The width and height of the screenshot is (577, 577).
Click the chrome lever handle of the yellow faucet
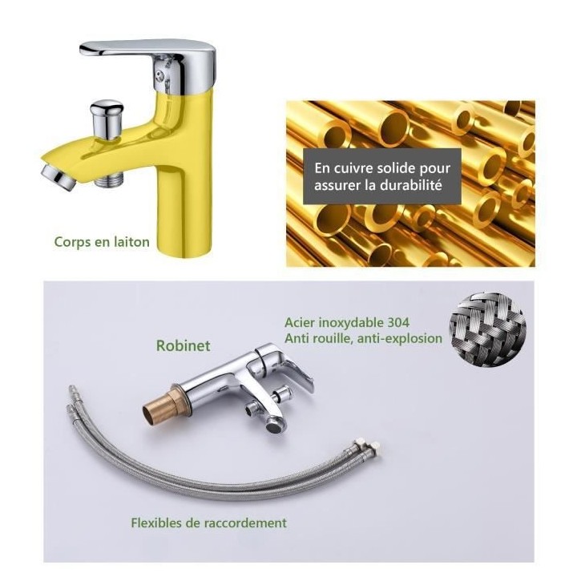[147, 51]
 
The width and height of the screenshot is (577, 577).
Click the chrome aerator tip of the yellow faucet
[59, 177]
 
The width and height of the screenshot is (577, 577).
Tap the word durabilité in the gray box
[410, 185]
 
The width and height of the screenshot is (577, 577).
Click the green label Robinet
[184, 345]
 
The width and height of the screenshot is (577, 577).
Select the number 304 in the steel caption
[398, 323]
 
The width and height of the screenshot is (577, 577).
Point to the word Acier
[300, 323]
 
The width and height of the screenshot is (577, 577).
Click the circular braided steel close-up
[487, 329]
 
